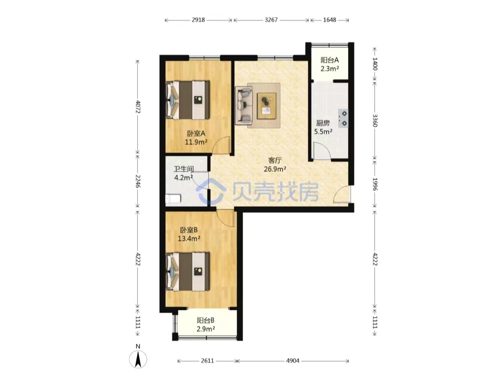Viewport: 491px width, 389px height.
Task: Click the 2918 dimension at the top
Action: [198, 20]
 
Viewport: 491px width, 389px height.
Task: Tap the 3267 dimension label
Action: [271, 20]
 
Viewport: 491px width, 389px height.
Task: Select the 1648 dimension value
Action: [330, 20]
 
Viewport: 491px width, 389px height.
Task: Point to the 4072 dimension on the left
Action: [138, 107]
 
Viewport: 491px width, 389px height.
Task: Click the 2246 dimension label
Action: [138, 181]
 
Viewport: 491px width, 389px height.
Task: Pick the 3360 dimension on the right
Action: [375, 120]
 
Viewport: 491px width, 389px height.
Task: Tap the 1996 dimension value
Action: [375, 184]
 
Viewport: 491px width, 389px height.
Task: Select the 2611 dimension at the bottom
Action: [207, 361]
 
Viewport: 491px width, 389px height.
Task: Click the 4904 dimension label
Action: [293, 361]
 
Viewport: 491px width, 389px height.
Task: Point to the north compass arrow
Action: [138, 359]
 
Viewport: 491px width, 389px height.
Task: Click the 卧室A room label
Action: [196, 134]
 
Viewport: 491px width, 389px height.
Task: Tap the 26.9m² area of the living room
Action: [275, 170]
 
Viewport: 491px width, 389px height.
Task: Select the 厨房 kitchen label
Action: [323, 123]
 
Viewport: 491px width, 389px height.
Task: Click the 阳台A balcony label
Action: [330, 60]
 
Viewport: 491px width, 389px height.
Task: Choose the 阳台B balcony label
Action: [205, 320]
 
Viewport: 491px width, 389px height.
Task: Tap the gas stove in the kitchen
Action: [343, 118]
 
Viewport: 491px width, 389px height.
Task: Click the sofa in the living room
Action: [244, 105]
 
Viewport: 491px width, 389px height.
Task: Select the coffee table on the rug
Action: [266, 106]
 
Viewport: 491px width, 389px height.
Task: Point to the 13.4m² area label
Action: [189, 239]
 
